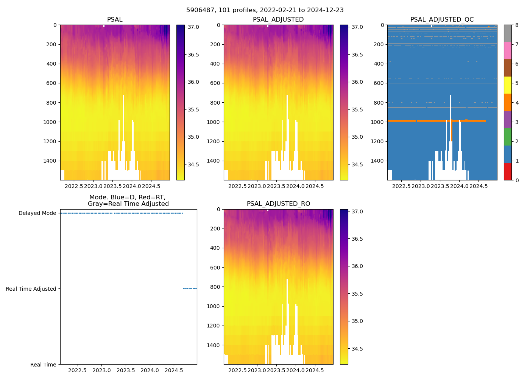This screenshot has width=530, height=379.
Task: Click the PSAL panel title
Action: (115, 20)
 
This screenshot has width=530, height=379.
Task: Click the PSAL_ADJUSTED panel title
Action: (278, 20)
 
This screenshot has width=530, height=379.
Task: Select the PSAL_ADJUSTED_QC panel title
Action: (442, 20)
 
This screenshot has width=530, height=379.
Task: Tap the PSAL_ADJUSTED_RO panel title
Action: (278, 204)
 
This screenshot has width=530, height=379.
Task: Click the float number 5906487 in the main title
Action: (200, 10)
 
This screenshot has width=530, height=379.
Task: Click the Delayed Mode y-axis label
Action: (37, 213)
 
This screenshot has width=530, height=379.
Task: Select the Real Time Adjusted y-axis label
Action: (31, 289)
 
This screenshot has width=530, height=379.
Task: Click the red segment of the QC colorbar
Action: (508, 171)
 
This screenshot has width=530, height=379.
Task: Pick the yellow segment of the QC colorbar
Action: (508, 85)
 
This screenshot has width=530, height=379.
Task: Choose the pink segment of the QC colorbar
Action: (508, 50)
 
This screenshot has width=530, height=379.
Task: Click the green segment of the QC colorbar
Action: (508, 137)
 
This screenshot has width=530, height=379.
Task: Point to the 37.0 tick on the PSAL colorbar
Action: (193, 27)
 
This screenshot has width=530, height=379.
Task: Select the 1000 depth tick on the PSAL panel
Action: (51, 122)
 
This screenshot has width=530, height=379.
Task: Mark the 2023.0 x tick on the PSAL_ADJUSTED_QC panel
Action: (421, 186)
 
